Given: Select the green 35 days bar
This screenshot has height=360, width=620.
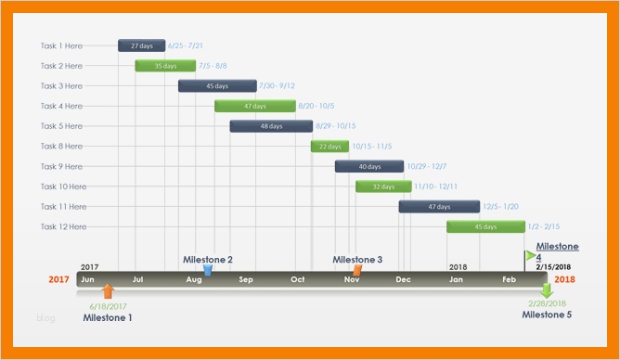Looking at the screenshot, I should tap(165, 66).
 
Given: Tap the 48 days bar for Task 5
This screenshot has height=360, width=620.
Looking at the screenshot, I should tap(270, 126).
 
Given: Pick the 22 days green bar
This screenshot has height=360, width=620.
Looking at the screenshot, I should tap(329, 147).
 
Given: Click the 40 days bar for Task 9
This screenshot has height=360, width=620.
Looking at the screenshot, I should tap(368, 166).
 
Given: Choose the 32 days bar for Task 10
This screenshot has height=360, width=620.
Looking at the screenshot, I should tap(382, 186).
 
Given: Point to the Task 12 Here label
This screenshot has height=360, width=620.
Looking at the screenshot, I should tap(64, 226).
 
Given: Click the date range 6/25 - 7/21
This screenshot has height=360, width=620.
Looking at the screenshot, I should tap(187, 45).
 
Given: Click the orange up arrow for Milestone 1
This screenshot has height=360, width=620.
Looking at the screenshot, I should tap(109, 291).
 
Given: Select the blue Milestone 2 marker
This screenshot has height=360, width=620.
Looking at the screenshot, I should tap(208, 270).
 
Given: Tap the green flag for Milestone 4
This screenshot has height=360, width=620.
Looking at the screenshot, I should tap(530, 254).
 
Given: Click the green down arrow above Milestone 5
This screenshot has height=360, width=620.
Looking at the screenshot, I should tap(547, 290).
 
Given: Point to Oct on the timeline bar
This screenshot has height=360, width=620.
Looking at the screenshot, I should tap(298, 279).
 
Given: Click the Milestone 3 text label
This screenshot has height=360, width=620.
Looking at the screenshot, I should tap(357, 260).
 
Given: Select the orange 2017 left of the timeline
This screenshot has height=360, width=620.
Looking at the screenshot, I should tap(58, 279).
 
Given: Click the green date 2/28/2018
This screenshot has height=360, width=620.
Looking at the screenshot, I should tap(547, 304).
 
